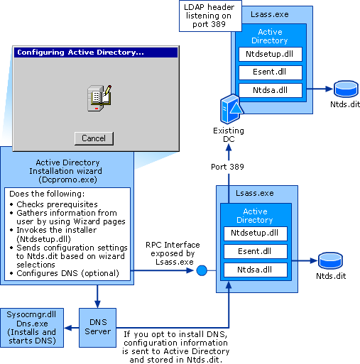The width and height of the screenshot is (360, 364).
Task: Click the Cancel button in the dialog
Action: pos(94,138)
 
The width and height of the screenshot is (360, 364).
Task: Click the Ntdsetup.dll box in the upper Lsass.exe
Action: pos(269,54)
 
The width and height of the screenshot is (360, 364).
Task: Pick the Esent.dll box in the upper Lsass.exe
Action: pos(269,72)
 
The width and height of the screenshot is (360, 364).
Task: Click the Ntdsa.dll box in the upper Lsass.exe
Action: pos(269,90)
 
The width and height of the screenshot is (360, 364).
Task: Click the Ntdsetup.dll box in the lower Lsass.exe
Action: pos(255,233)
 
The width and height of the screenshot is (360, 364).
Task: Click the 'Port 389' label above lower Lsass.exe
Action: pos(228,167)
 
